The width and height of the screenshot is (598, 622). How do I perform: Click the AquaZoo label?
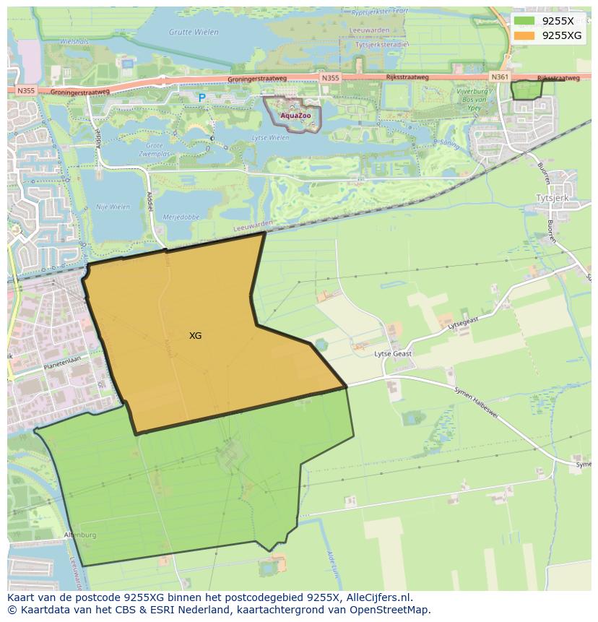295,116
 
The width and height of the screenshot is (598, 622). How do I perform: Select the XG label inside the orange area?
195,336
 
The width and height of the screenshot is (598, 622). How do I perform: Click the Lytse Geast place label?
393,354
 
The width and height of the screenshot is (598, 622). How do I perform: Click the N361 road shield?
499,77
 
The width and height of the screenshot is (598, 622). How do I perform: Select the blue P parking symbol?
201,98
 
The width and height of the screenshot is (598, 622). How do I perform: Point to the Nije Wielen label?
113,207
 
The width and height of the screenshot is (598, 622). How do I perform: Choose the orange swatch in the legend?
525,35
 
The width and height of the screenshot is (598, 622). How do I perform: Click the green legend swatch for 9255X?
525,21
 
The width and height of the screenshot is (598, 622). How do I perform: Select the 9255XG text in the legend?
562,35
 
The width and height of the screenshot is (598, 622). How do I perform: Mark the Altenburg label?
79,535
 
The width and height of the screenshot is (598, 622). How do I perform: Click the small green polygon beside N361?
526,90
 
